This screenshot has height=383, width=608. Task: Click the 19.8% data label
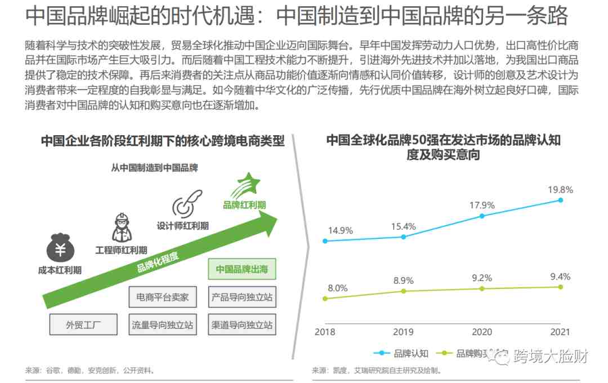560,190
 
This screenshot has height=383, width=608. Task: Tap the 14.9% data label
341,230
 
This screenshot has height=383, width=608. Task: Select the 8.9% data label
403,280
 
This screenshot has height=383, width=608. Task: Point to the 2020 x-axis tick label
481,332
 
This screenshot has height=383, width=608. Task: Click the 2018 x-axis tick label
325,332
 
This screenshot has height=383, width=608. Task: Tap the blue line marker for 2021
560,200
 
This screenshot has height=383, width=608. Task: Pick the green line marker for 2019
403,291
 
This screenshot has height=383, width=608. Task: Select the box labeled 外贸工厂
83,324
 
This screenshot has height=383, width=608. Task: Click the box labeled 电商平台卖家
163,297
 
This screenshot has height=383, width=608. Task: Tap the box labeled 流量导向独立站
163,324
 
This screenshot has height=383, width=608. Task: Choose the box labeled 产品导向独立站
242,297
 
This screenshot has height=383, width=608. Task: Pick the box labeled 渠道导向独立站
242,324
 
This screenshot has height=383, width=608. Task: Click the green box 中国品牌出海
242,269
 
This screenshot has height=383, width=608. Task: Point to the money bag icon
60,246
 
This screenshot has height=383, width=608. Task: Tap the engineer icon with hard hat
121,226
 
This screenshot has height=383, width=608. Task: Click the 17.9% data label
482,205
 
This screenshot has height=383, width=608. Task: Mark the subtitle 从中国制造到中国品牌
154,167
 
